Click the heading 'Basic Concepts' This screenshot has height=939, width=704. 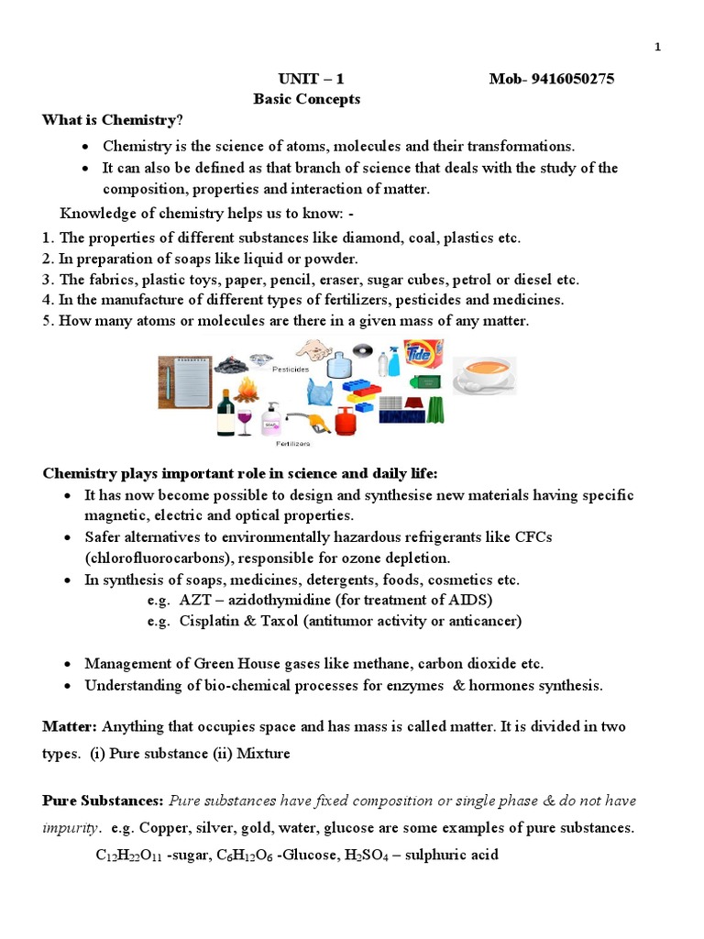(306, 99)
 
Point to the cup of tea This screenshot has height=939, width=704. (484, 375)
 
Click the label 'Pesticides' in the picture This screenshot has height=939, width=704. (289, 370)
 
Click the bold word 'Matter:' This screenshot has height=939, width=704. (70, 727)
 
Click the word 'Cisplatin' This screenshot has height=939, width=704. (210, 622)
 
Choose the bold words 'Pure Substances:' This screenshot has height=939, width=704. (104, 801)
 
